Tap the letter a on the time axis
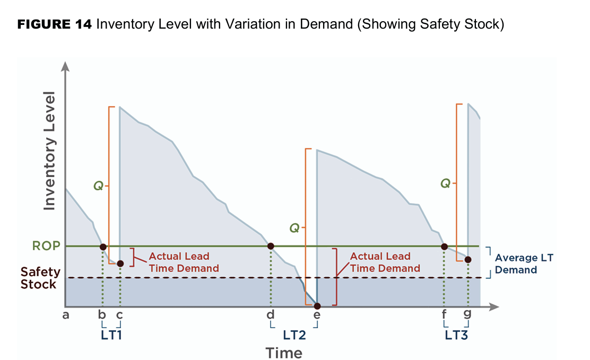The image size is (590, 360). (66, 315)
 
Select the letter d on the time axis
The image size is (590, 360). (271, 315)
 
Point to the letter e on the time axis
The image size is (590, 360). (317, 315)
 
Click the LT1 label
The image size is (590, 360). (112, 335)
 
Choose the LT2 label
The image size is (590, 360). (294, 335)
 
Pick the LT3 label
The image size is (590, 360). (456, 335)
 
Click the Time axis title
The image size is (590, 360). (284, 353)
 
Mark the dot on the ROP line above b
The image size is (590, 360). (103, 247)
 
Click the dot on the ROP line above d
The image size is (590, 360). (271, 246)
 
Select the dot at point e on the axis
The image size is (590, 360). (317, 306)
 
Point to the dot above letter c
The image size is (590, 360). (120, 264)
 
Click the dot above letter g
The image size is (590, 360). (467, 259)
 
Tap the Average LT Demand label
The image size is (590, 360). (524, 264)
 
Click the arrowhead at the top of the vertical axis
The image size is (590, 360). (65, 66)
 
